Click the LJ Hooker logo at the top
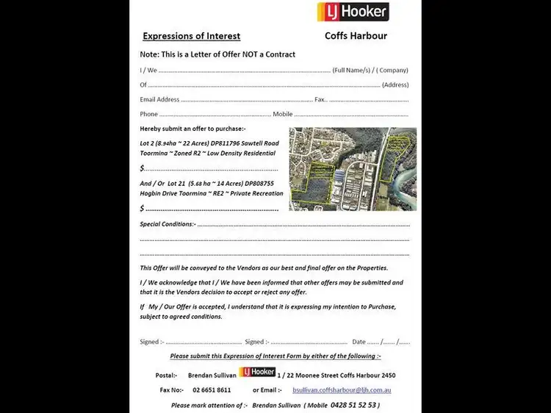click(x=353, y=12)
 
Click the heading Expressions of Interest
click(x=191, y=36)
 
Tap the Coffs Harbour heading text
click(x=356, y=36)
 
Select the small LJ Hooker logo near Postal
click(x=257, y=372)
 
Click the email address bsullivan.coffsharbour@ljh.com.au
click(x=342, y=390)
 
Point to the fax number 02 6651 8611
click(x=212, y=390)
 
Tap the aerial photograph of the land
click(x=353, y=169)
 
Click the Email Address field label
click(x=159, y=99)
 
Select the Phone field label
click(x=148, y=114)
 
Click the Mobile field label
click(x=282, y=114)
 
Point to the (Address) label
click(x=395, y=85)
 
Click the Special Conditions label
click(x=168, y=224)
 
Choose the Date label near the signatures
click(x=359, y=342)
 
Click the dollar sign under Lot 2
click(x=142, y=168)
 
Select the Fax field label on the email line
click(x=320, y=99)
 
